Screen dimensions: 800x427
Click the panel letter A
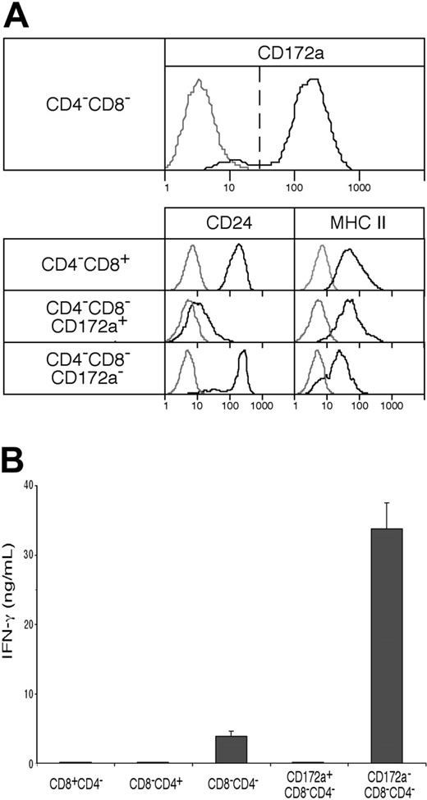click(16, 16)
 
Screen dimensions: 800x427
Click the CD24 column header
click(228, 222)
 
